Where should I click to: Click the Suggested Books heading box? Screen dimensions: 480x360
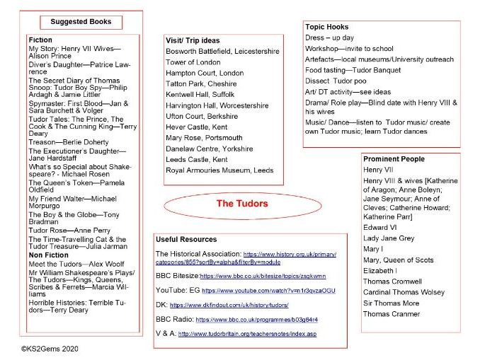(81, 22)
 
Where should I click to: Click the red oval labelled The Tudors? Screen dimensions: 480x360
(241, 204)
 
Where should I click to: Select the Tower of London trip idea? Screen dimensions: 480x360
(193, 62)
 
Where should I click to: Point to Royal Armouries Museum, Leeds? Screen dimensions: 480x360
(219, 170)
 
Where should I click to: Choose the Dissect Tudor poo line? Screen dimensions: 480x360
(336, 81)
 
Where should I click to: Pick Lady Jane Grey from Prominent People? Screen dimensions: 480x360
(389, 238)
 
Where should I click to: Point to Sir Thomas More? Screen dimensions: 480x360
(392, 303)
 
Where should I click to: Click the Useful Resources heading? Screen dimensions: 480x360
(186, 240)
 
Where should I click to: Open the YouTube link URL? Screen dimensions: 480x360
(268, 290)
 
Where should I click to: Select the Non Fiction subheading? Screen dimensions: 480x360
(49, 255)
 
